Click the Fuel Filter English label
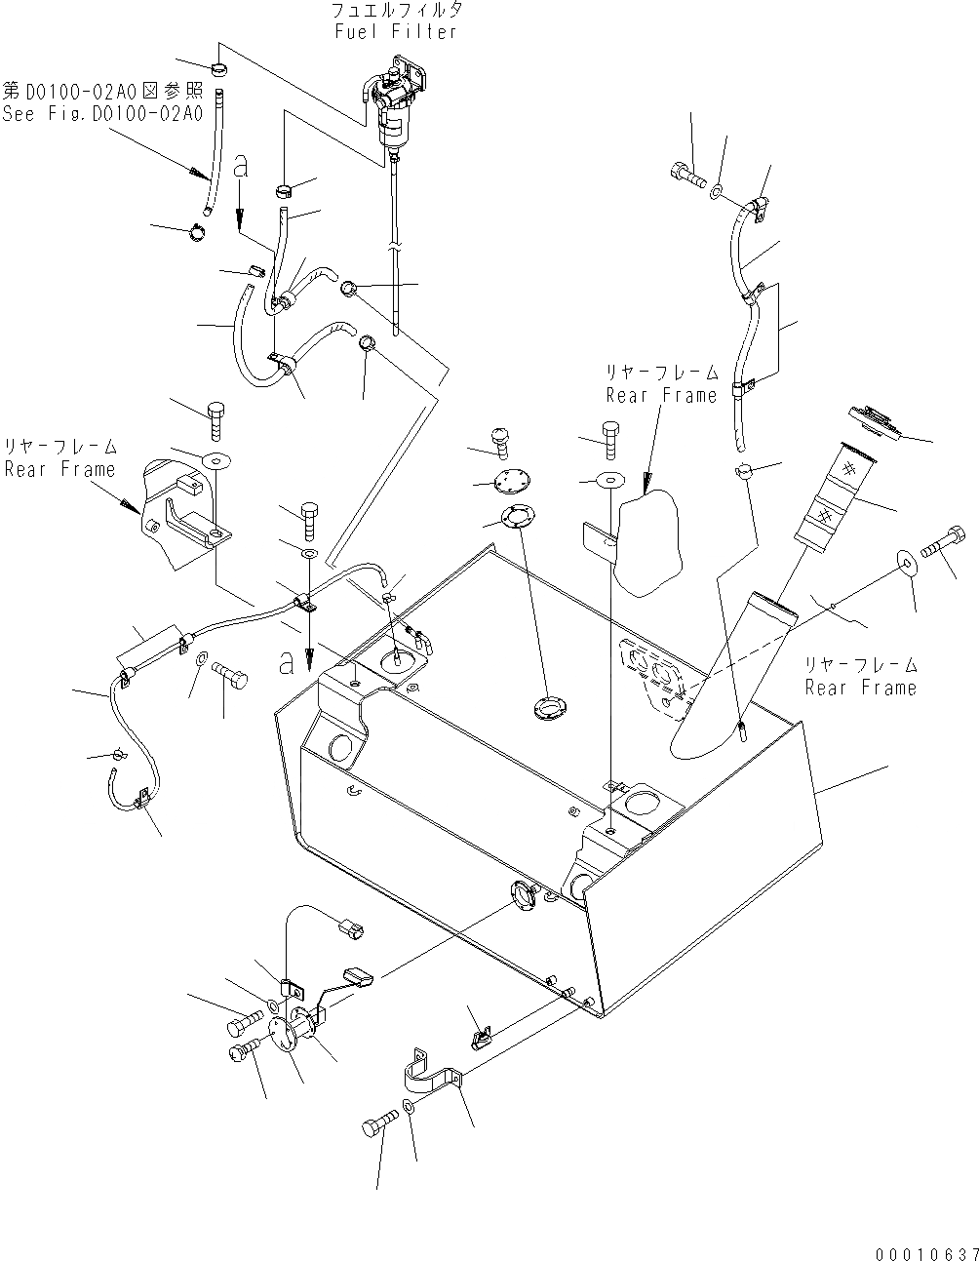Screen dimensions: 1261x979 coord(393,32)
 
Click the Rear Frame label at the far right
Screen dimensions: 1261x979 coord(859,687)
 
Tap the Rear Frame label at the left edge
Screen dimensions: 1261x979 coord(59,469)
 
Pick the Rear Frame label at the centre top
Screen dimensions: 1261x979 coord(661,395)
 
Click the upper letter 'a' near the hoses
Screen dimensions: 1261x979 coord(241,166)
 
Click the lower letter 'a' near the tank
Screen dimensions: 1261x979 coord(287,663)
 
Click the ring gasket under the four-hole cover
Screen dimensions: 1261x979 coord(518,517)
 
